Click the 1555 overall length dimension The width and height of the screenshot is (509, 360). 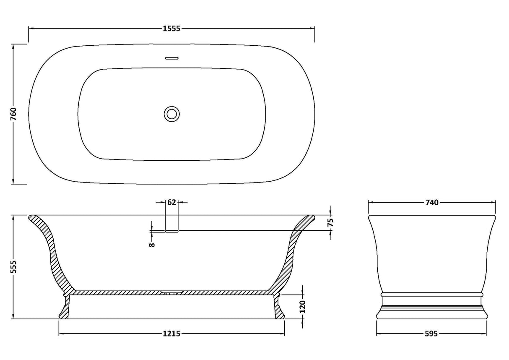point(171,29)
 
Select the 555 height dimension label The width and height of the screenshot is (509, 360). point(14,267)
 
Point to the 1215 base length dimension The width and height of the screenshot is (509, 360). point(171,334)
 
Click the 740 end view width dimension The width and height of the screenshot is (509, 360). point(432,202)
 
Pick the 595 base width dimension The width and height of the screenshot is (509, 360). point(431,334)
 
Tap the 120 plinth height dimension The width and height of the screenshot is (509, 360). point(302,307)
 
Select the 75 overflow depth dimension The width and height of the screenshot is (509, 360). point(330,223)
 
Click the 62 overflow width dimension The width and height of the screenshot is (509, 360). point(171,202)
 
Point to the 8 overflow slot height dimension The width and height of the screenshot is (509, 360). point(152,245)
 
